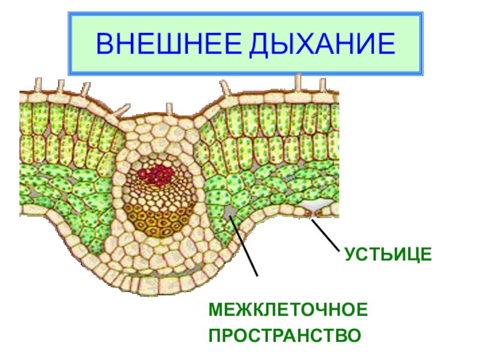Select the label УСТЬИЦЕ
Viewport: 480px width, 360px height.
(388, 254)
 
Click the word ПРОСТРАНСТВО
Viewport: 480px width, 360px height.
(285, 334)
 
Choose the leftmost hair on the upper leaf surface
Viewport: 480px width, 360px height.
(39, 83)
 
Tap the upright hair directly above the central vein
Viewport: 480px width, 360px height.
(170, 110)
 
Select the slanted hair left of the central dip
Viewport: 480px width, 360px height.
(122, 110)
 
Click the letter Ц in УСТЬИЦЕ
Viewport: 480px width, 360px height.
(412, 254)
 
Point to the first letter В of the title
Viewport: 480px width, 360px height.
(105, 44)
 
